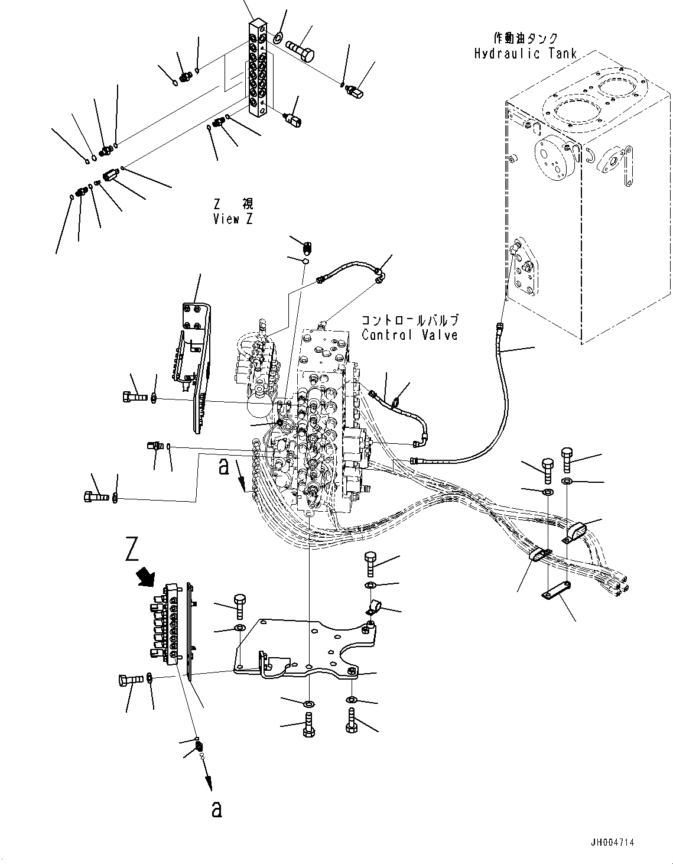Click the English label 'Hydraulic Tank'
coord(525,54)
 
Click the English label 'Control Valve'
coord(409,335)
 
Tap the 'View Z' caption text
coord(233,219)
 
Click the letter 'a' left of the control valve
coord(223,467)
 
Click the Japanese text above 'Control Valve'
coord(410,320)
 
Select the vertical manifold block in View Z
coord(259,68)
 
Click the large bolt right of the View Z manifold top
coord(301,49)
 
